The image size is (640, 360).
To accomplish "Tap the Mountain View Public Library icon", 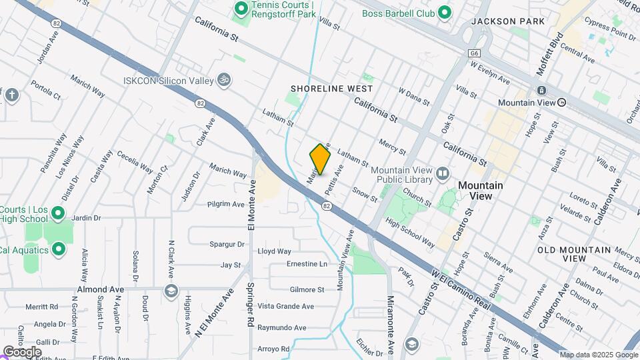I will pos(443,175).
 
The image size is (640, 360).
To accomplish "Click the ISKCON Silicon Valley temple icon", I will pos(225,80).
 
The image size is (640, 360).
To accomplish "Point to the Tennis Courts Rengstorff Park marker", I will pos(241,9).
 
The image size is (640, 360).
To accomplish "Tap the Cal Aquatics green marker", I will pos(59,250).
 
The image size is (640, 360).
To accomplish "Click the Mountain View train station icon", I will pos(542,91).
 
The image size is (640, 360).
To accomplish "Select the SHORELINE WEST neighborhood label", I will pos(331,89).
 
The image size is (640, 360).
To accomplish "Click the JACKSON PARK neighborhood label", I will pos(507,21).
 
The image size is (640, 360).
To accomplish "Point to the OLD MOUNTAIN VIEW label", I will pos(574,254).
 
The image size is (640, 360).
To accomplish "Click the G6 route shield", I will pos(474,53).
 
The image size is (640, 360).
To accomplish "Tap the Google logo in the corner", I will pos(21,351).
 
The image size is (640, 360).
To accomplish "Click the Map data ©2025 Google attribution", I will pos(598,355).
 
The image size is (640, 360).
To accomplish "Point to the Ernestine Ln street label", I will pos(307,264).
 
